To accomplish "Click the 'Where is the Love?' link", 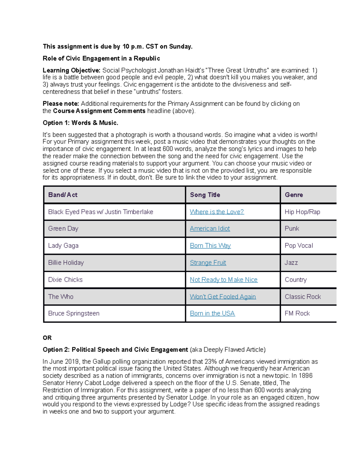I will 217,212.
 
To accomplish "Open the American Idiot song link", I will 210,229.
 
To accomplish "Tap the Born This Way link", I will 210,246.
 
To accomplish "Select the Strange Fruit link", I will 208,262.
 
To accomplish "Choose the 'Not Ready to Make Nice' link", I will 224,280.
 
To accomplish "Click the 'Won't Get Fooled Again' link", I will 223,297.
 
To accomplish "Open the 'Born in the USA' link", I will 212,313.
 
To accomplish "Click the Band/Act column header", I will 63,195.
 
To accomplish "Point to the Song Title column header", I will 205,195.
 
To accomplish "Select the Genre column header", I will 293,195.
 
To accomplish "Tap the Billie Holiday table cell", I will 66,262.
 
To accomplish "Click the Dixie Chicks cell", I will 65,280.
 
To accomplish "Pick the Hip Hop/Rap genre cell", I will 302,212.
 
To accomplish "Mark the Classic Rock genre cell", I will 302,297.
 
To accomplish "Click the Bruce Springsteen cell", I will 74,313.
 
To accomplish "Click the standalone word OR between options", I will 47,338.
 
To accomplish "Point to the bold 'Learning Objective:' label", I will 71,70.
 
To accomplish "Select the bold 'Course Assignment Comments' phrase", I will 99,111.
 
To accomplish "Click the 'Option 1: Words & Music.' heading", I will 80,123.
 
